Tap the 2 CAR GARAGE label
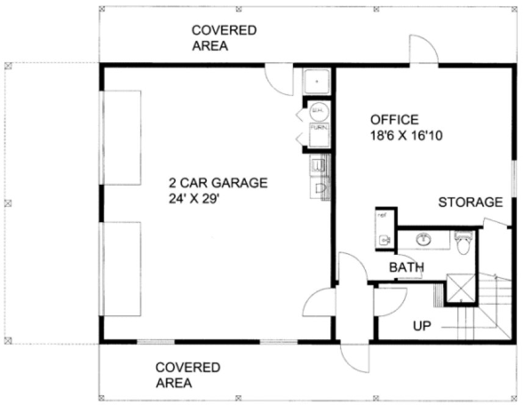pos(218,182)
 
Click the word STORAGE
pos(470,202)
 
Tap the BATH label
pos(406,267)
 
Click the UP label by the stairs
pos(422,326)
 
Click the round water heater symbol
pos(319,110)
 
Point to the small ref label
pos(382,215)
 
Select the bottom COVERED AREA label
pos(187,375)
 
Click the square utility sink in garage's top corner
pos(317,81)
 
